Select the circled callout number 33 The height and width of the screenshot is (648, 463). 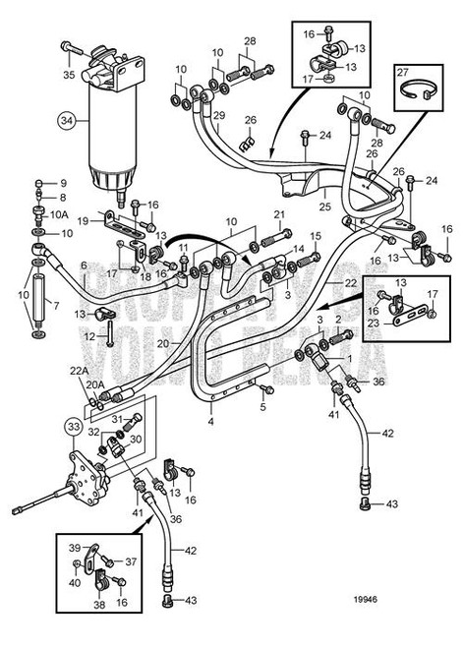75,426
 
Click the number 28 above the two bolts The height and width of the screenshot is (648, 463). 250,40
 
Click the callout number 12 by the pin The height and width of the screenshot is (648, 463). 90,336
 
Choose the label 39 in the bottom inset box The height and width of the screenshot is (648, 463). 76,548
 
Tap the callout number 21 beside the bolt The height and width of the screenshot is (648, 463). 279,214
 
